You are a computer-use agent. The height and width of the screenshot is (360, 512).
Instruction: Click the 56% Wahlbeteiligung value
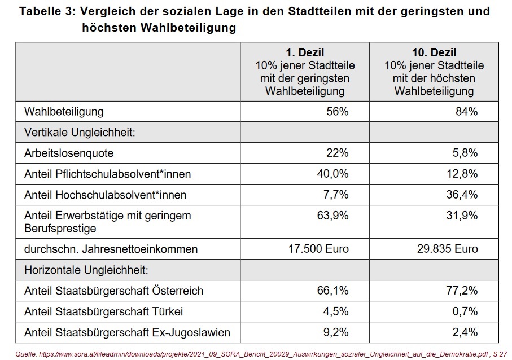[x=337, y=112]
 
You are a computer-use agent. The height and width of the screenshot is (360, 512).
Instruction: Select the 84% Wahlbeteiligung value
[x=466, y=112]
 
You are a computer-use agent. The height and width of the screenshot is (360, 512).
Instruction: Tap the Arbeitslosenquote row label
[x=69, y=153]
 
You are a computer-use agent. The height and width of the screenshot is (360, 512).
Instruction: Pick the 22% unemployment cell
[x=337, y=153]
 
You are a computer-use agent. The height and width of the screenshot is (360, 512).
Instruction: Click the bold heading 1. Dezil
[x=305, y=53]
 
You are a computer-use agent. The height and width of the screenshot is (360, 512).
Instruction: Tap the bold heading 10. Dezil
[x=434, y=53]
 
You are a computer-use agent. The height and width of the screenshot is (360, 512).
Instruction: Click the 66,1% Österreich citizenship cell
[x=332, y=291]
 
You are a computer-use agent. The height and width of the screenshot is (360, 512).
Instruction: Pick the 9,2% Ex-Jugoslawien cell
[x=335, y=332]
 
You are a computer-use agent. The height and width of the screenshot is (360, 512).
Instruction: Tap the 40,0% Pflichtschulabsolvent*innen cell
[x=332, y=174]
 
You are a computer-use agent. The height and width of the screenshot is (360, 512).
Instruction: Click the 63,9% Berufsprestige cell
[x=332, y=216]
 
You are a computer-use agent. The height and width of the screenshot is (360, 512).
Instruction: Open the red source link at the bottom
[x=254, y=353]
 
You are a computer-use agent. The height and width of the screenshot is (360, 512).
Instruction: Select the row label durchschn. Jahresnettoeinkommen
[x=111, y=249]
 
